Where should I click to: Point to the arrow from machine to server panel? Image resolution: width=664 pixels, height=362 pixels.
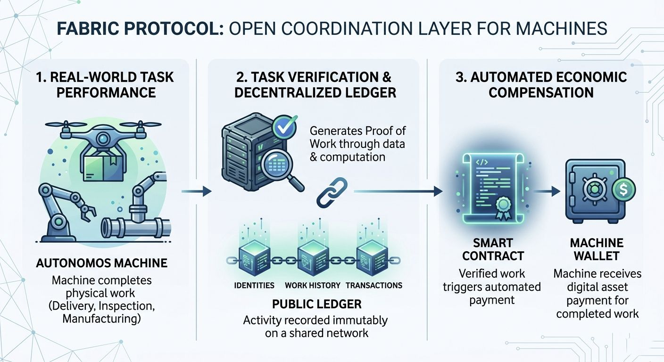196,191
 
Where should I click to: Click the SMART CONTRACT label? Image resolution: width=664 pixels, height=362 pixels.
493,249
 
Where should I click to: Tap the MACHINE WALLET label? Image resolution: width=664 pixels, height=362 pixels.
597,249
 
